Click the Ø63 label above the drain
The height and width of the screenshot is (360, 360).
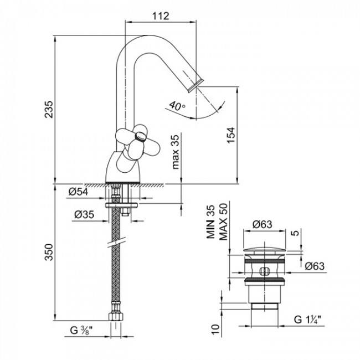[x=262, y=224]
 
